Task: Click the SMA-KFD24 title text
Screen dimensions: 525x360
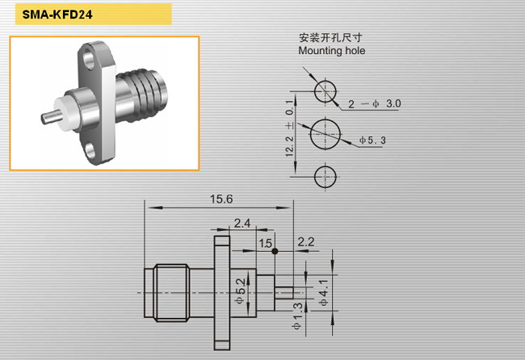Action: (x=57, y=15)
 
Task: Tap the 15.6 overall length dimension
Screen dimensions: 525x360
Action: (x=221, y=199)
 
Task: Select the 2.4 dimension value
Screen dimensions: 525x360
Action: (x=242, y=223)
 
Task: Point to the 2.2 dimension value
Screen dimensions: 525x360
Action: (x=306, y=241)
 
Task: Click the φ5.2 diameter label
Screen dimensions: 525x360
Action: (x=241, y=291)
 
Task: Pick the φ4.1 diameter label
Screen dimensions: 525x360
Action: (x=323, y=293)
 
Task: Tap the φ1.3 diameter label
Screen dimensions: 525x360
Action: (x=297, y=316)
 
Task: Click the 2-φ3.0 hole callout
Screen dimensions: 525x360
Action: (x=374, y=103)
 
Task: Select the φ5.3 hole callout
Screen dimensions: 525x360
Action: (x=372, y=140)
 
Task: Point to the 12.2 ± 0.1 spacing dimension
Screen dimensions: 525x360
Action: (x=290, y=128)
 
